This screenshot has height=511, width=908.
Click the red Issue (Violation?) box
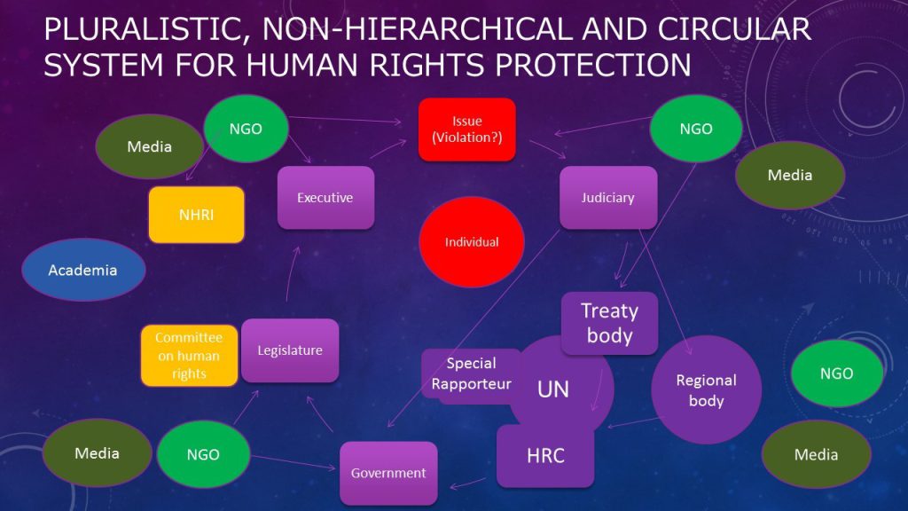click(467, 130)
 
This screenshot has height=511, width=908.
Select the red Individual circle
click(471, 241)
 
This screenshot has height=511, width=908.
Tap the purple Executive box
click(325, 198)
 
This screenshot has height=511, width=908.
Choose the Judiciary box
click(607, 198)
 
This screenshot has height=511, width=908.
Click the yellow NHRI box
click(196, 215)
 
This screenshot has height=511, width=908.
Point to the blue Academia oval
click(82, 270)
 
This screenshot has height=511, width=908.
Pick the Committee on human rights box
click(189, 356)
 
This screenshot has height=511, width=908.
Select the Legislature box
click(290, 350)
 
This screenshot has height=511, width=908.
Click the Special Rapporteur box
click(471, 373)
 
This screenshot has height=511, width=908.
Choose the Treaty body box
click(609, 323)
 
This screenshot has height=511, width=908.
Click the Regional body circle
click(707, 390)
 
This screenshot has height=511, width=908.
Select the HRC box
click(545, 456)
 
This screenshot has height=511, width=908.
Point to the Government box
click(388, 473)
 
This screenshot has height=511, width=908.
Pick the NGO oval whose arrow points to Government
click(203, 454)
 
